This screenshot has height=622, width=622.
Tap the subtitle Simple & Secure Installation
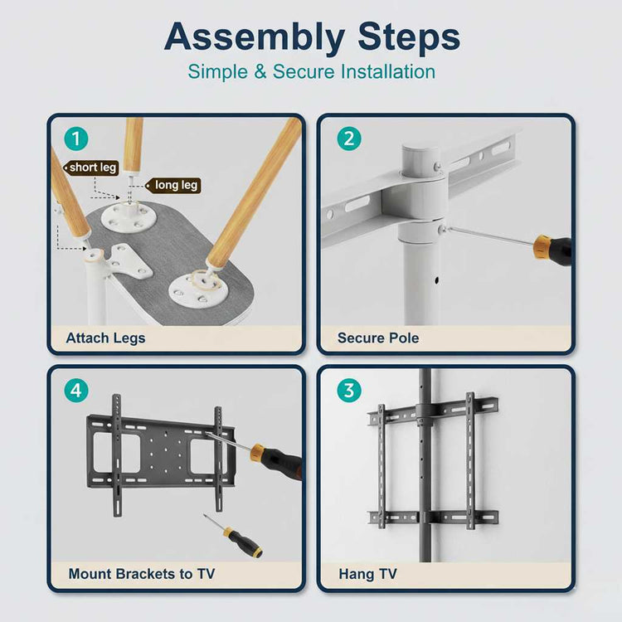pos(311,71)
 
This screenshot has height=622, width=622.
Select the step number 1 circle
pos(77,138)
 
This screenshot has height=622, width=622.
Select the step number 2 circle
pos(348,138)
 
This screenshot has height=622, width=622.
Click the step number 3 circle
pos(348,390)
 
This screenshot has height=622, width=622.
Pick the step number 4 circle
pos(77,390)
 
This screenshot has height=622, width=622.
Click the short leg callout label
pos(93,167)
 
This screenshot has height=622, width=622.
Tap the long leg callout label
pos(176,185)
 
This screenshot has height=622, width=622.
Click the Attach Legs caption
pos(105,338)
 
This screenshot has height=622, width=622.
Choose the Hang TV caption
pos(367,573)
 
